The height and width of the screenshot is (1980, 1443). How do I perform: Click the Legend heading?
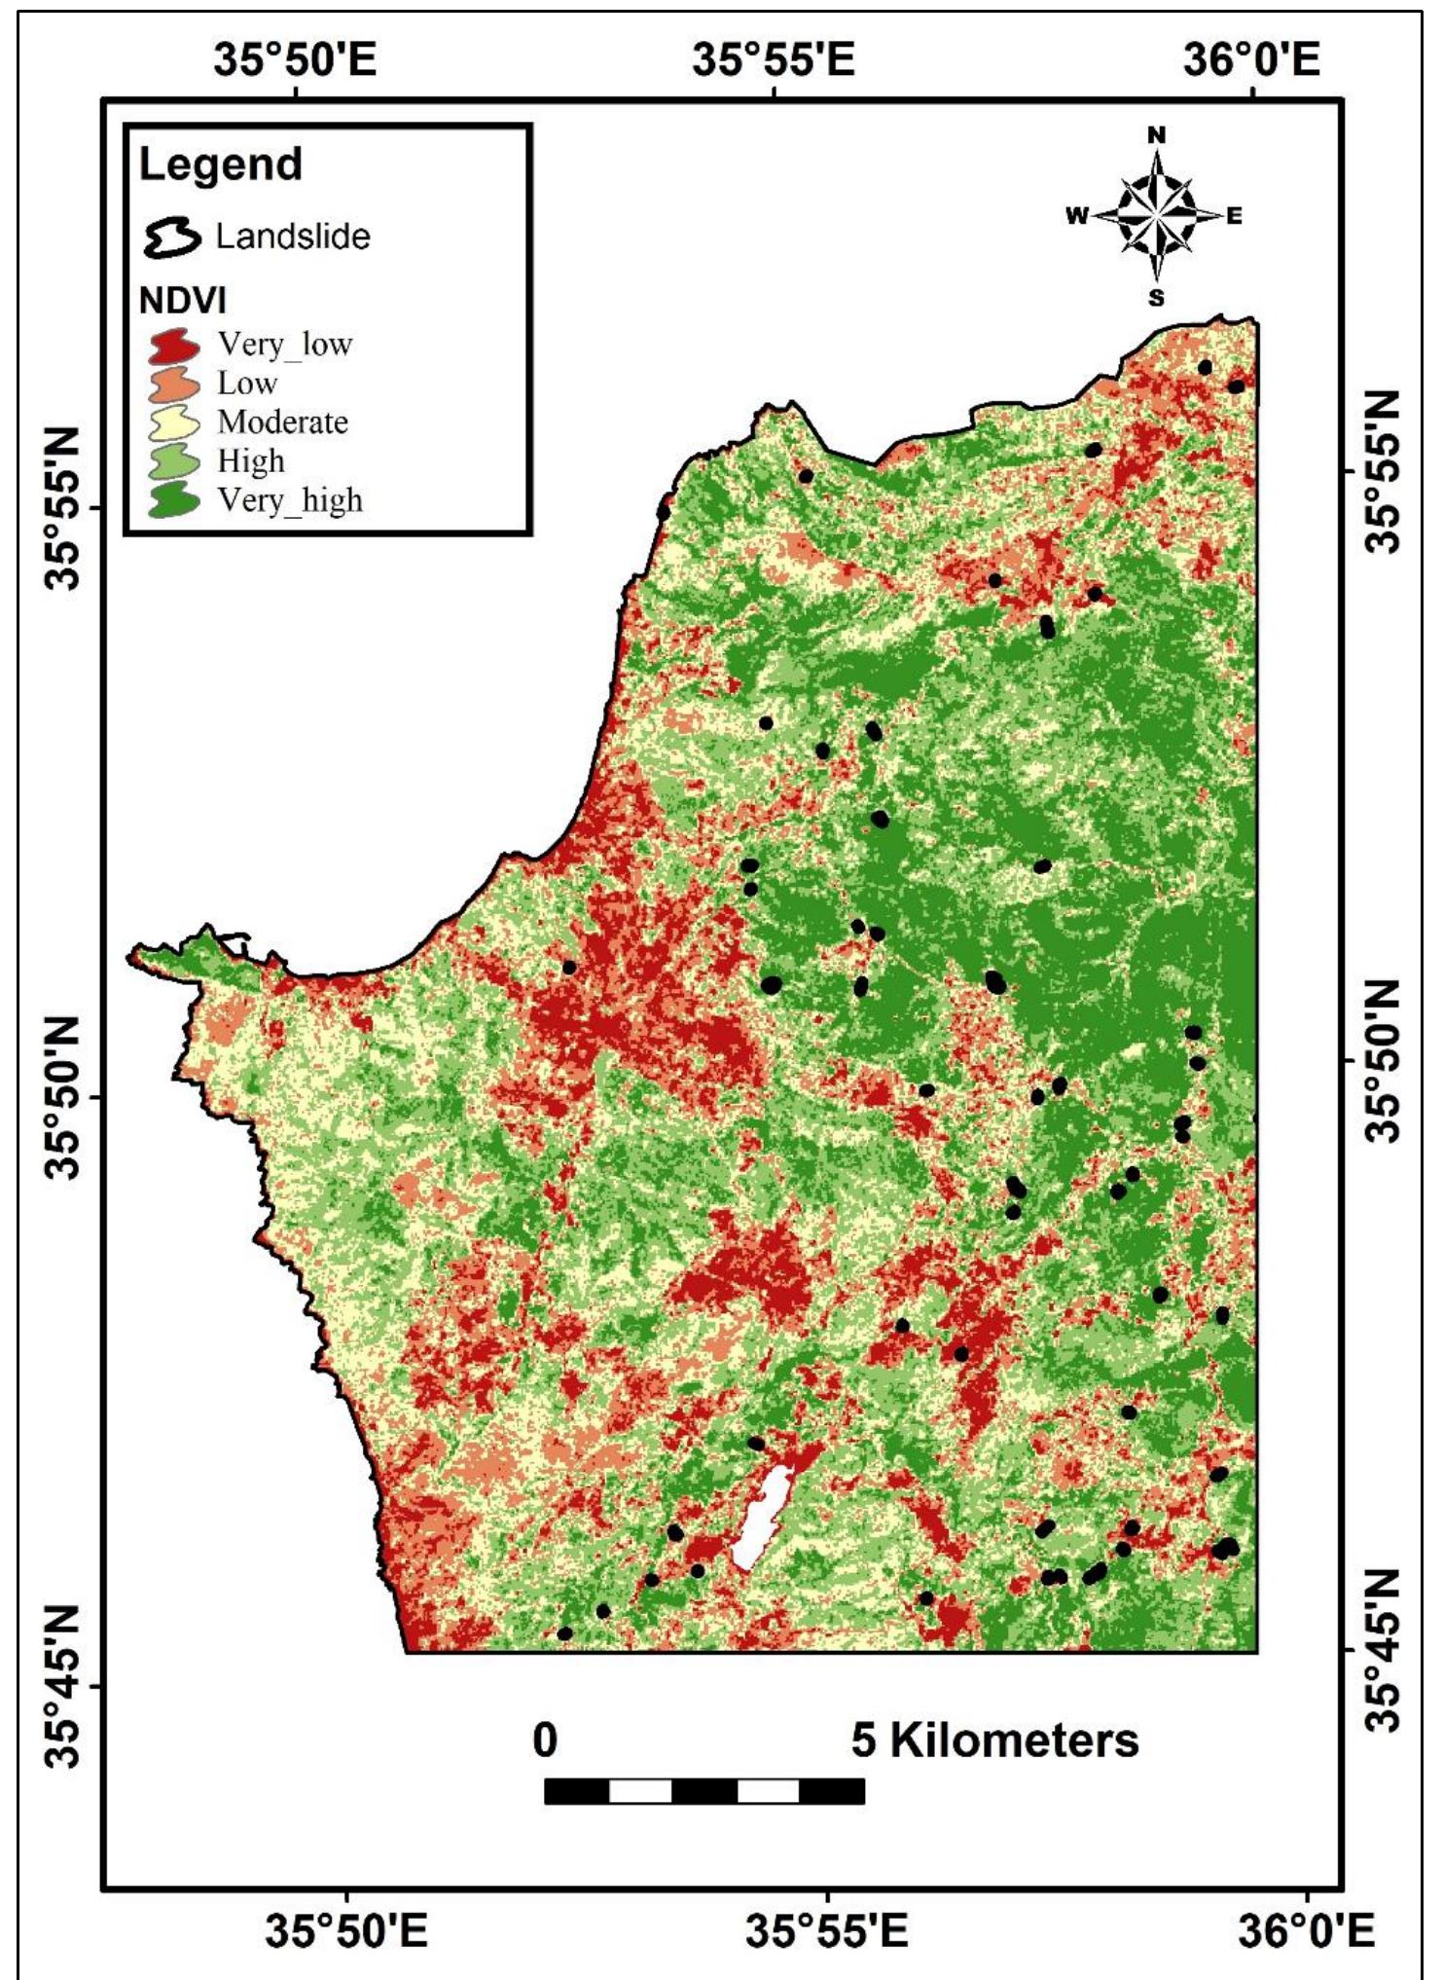(221, 165)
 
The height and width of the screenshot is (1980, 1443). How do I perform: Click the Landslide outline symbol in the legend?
(172, 237)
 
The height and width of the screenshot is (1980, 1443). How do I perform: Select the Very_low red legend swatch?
(174, 345)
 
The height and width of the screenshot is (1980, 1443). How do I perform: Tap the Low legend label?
(247, 384)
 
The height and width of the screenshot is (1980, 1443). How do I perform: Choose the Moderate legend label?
(282, 422)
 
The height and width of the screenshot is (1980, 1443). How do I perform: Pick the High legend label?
(251, 460)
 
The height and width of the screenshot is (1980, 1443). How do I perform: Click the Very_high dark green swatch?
(174, 500)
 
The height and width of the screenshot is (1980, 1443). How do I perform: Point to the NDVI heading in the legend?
(182, 302)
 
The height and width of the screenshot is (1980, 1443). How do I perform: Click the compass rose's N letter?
(1156, 136)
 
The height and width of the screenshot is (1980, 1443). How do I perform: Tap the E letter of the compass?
(1234, 217)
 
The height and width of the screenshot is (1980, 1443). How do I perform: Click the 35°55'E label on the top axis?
(774, 60)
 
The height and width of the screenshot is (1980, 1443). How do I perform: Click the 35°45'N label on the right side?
(1382, 1650)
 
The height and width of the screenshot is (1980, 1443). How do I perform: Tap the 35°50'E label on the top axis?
(295, 60)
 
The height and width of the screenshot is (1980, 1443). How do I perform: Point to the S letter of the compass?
(1156, 298)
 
